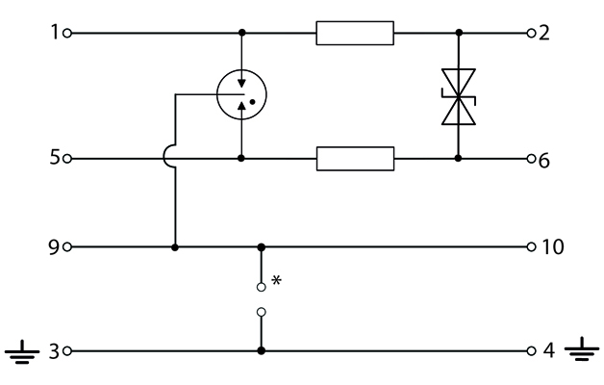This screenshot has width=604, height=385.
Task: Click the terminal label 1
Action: pos(55,32)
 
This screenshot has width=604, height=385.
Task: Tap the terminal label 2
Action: pos(544,33)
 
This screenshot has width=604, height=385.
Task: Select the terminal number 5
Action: pos(55,157)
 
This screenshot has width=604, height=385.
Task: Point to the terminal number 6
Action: pos(543,160)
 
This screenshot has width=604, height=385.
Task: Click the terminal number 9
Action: pos(54,246)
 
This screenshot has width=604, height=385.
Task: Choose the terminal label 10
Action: pos(553,246)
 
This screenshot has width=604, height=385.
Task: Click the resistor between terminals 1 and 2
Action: pos(355,33)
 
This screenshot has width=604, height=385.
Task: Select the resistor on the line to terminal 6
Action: pos(355,159)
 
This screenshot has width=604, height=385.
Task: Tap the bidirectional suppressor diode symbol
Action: pos(459,97)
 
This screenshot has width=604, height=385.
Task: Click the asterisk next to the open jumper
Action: pos(276,280)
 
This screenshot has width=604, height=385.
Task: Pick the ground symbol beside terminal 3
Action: pos(22,352)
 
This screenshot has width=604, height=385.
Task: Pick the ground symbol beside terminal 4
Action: pos(582,348)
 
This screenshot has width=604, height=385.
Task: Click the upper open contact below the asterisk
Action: pos(262,287)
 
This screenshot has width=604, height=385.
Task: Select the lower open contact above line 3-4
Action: pos(262,312)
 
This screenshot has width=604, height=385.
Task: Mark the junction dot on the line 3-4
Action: pos(262,350)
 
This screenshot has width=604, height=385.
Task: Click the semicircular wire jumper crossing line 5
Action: pos(164,157)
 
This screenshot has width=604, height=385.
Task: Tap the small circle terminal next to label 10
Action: pos(531,246)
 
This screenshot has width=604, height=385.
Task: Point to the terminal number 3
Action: pos(54,351)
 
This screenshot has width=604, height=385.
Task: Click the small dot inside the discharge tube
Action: pos(253,102)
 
